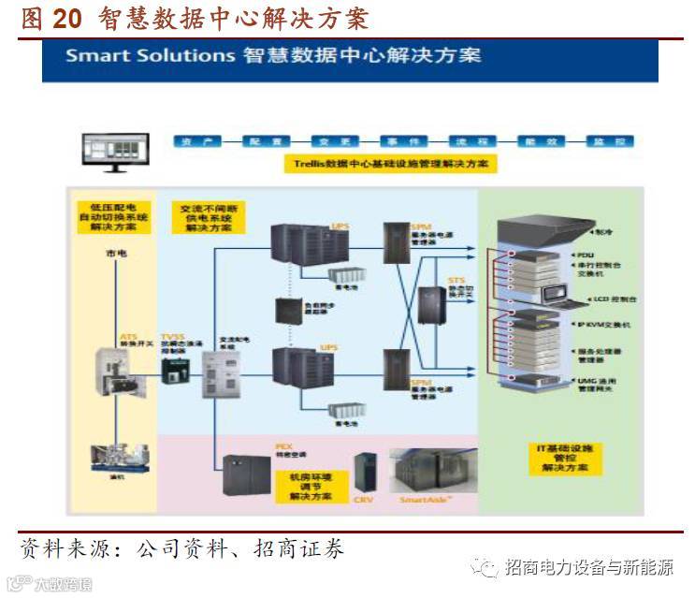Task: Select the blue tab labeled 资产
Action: click(198, 141)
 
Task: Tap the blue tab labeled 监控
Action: click(599, 141)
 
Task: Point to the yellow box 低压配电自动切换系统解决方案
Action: click(113, 214)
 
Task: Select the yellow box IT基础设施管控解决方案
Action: click(558, 458)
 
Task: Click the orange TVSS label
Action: click(172, 335)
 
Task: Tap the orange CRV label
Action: click(363, 501)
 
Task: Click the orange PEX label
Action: click(283, 447)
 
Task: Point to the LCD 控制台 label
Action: click(594, 299)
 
